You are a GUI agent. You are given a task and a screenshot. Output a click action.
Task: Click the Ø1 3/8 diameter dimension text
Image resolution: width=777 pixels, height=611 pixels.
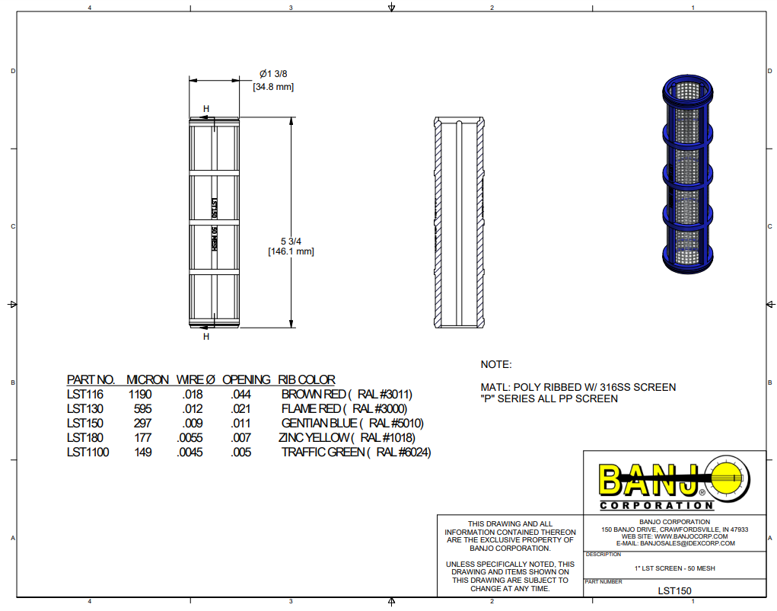coord(273,74)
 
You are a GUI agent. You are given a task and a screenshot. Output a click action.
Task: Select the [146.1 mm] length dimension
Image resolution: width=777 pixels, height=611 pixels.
coord(291,251)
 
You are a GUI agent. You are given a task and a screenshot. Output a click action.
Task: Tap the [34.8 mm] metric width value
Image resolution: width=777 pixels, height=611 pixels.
coord(273,87)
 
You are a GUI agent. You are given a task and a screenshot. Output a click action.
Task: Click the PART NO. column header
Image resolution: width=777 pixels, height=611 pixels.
coord(91,379)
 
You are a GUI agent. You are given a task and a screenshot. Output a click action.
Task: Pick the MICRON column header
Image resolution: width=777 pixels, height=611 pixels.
coord(147,379)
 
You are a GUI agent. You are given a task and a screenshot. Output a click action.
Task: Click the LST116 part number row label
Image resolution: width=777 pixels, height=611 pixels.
coord(84,395)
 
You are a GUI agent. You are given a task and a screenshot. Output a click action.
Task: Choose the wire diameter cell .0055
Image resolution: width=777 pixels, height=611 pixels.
coord(190,438)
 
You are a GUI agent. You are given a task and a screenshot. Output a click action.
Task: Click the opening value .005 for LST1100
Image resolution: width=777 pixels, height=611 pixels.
coord(241,453)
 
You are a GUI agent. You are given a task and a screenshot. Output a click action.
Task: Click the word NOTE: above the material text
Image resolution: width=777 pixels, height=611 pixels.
coord(496,365)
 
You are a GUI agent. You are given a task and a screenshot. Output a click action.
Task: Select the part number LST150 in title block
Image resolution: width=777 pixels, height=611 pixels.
coord(674,590)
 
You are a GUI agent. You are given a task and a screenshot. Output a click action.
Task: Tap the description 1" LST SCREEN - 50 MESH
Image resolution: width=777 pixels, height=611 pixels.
coord(674,568)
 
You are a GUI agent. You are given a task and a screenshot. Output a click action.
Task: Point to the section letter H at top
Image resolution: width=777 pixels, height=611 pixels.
coord(206,109)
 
